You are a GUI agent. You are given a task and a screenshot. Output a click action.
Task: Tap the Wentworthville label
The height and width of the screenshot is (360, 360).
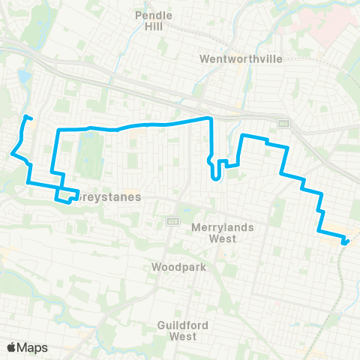pos(233,58)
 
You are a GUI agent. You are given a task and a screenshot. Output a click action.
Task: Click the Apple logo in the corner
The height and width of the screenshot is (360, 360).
pos(12,347)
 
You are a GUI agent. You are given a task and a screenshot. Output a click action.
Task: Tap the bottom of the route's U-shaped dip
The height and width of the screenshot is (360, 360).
pos(216,178)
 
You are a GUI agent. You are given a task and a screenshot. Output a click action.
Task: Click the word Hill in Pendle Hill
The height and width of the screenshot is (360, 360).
pos(153,26)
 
